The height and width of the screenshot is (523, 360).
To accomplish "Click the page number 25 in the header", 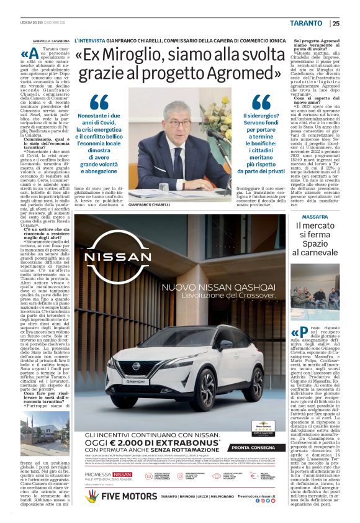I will click(335, 23).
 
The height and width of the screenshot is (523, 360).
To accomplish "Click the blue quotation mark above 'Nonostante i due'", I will click(99, 103).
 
